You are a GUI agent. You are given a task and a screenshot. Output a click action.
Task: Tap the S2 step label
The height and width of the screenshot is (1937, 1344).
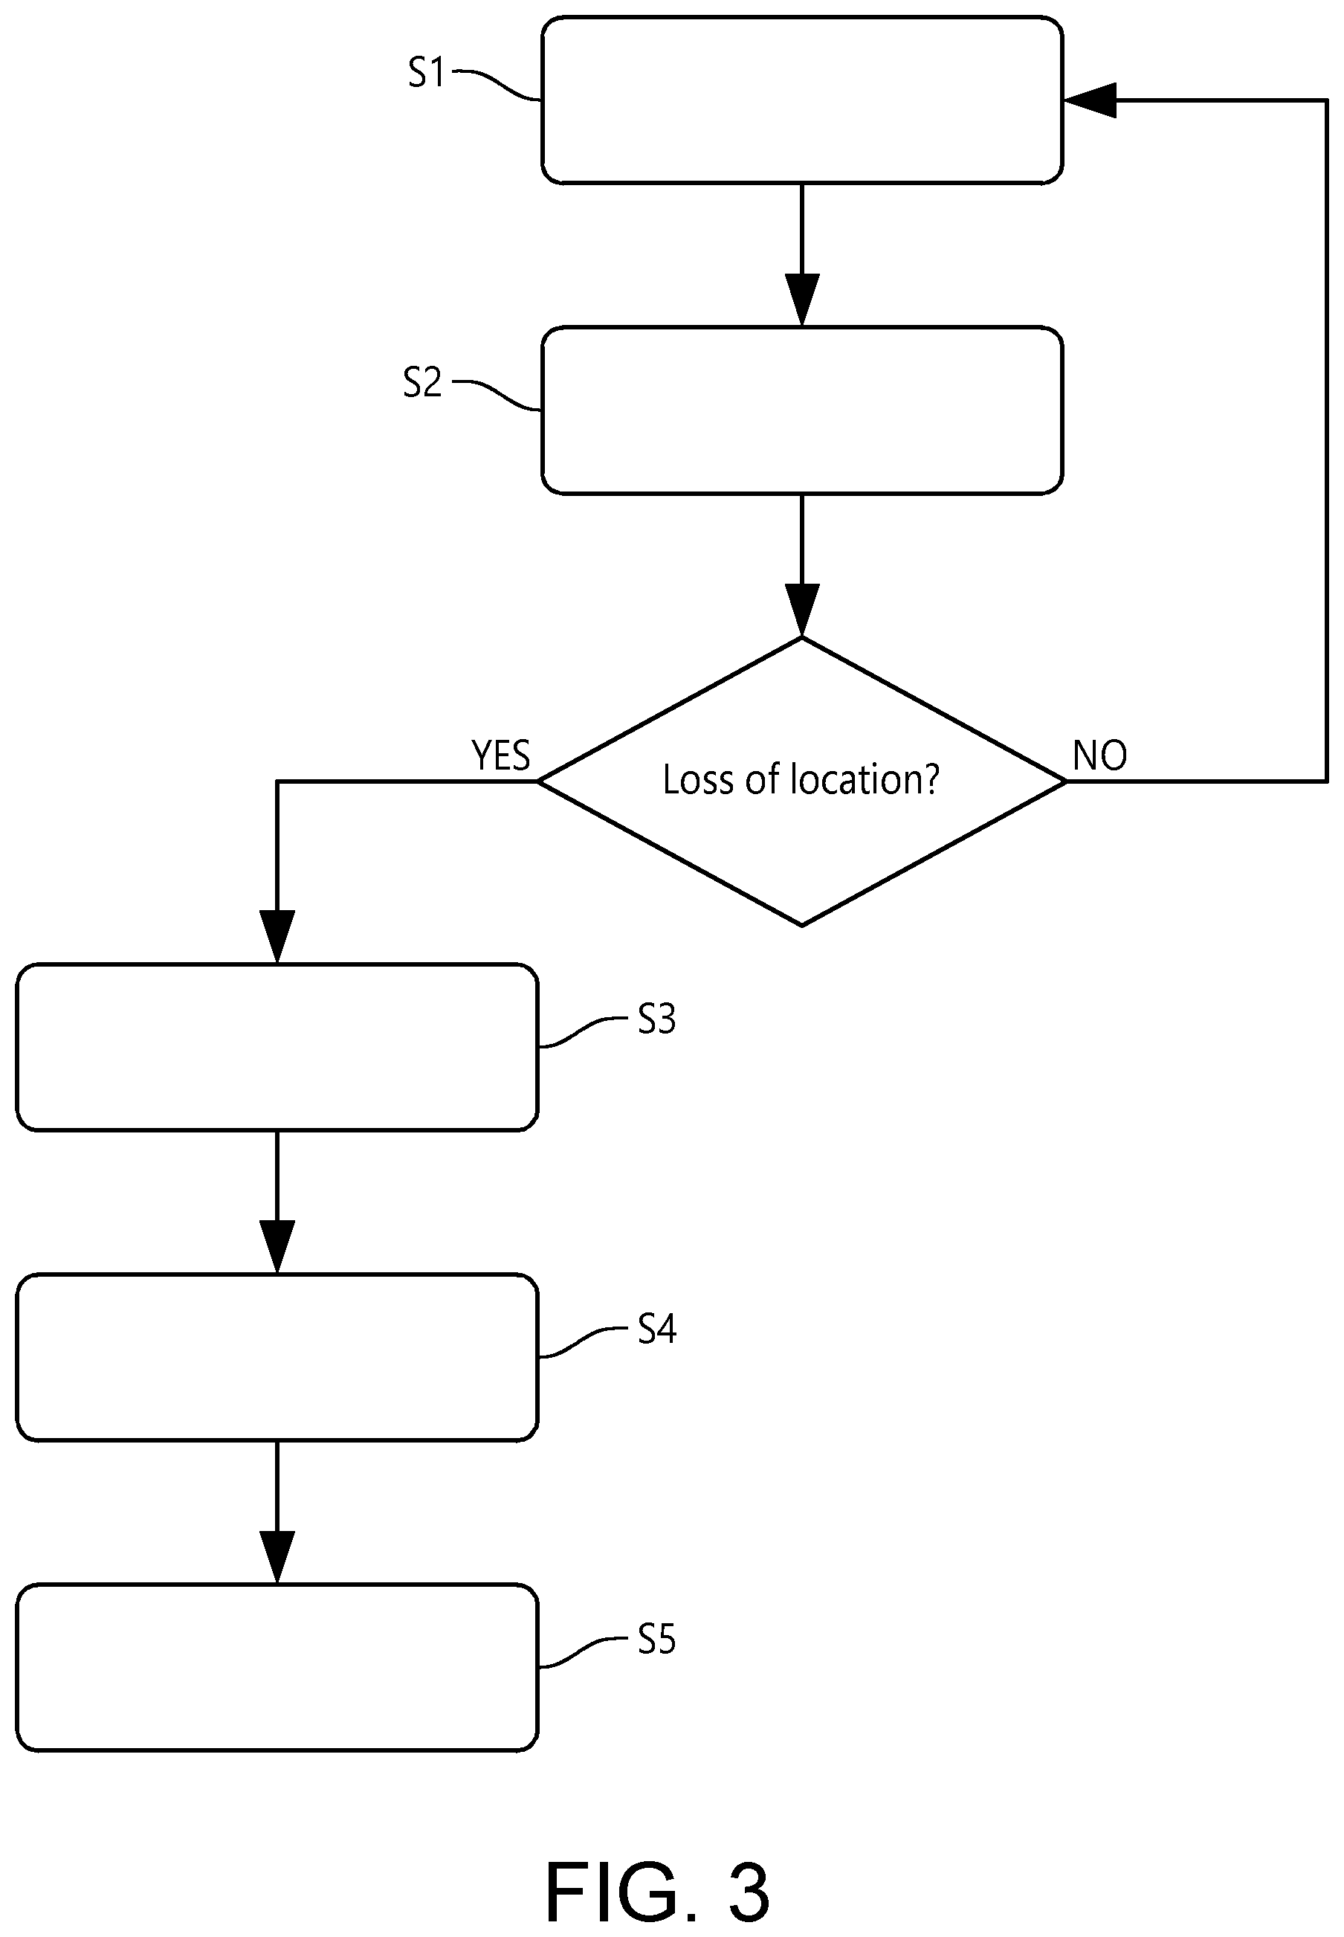422,382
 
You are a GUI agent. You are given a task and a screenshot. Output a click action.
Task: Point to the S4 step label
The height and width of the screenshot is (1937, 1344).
657,1329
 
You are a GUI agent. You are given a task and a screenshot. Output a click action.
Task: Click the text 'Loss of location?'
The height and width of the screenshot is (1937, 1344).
801,779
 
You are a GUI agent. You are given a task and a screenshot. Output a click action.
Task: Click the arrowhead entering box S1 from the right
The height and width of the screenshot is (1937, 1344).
1090,100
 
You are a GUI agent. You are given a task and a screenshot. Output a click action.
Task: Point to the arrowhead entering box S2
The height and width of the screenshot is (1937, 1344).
801,300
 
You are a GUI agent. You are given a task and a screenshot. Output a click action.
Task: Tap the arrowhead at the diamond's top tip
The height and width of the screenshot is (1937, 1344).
801,610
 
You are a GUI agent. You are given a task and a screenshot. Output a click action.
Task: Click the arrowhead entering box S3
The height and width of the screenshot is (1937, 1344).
277,936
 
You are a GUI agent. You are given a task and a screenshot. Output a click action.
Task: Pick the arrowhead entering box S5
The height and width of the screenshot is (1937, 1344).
277,1557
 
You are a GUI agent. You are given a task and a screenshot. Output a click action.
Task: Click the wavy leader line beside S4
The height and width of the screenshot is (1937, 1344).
583,1344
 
